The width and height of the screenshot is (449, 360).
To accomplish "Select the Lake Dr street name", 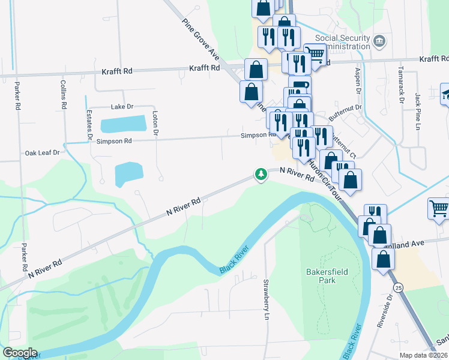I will pyautogui.click(x=122, y=107).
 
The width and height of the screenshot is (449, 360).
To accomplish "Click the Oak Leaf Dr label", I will pyautogui.click(x=43, y=153).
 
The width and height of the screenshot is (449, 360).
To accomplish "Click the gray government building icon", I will pyautogui.click(x=379, y=41).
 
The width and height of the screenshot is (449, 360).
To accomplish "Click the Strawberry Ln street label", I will pyautogui.click(x=266, y=299).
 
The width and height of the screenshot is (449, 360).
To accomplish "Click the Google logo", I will pyautogui.click(x=20, y=353).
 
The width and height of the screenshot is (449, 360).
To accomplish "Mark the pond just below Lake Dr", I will pyautogui.click(x=123, y=125).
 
